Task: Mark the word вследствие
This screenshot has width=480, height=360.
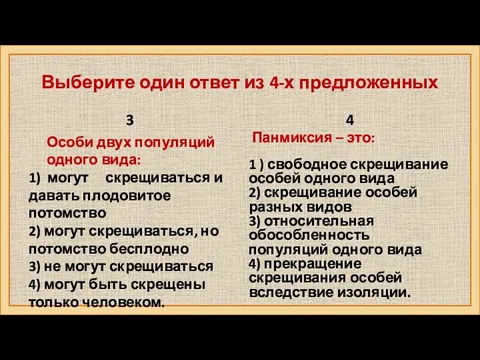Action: tap(290, 293)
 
